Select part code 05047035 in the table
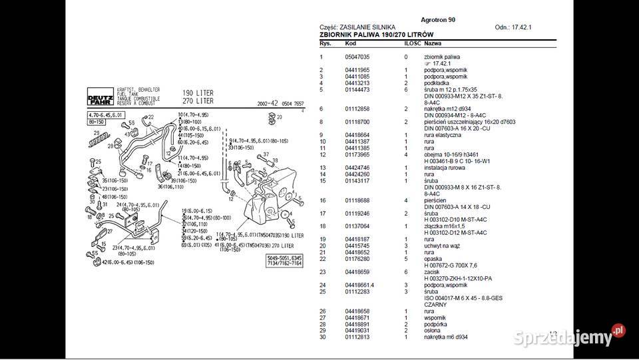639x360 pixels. coord(357,57)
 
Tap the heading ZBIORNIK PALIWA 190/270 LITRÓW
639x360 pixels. coord(376,35)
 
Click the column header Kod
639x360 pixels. coord(350,43)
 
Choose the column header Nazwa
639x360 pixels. coord(433,43)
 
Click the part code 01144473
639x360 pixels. coord(357,89)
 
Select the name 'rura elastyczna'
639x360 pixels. coord(442,135)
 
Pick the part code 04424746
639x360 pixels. coord(357,168)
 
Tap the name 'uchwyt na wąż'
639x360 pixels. coord(441,246)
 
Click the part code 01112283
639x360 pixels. coord(357,291)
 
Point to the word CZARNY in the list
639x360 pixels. coord(436,304)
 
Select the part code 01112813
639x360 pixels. coord(357,337)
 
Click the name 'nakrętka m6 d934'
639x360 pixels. coord(446,337)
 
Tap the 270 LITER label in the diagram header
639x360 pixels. coord(198,101)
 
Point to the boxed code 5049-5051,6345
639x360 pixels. coord(284,258)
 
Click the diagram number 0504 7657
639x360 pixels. coord(288,104)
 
